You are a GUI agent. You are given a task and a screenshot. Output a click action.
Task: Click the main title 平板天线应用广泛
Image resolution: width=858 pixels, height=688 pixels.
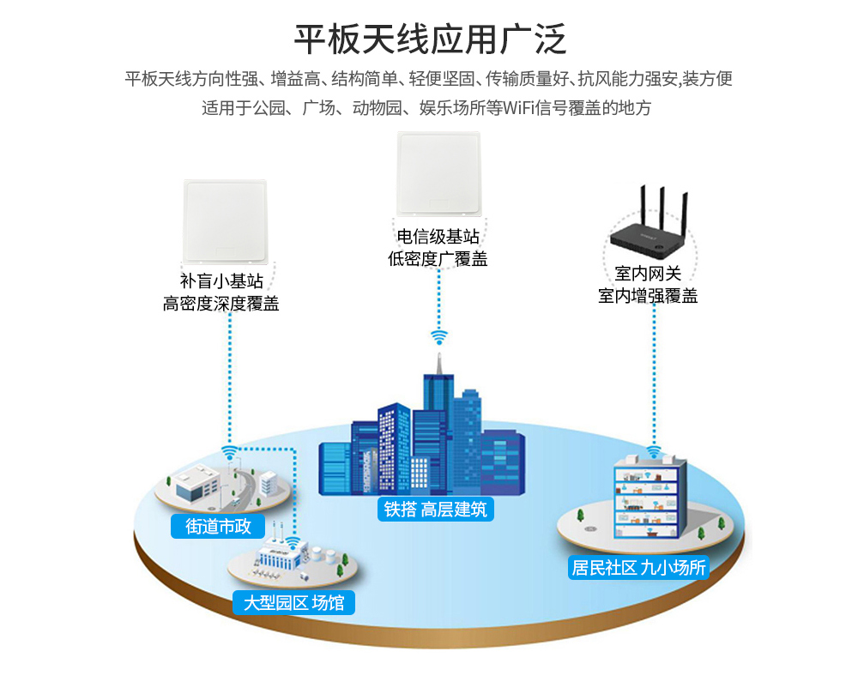tap(430, 39)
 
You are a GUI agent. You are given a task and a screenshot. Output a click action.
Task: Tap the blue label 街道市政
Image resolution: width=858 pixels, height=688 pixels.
tap(219, 526)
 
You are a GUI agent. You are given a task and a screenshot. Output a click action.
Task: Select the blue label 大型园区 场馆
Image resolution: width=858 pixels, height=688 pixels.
tap(293, 603)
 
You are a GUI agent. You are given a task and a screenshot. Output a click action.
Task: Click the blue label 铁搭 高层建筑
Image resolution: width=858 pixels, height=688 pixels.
tap(435, 509)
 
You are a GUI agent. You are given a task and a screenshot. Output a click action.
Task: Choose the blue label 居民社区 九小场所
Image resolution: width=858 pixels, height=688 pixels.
tap(639, 567)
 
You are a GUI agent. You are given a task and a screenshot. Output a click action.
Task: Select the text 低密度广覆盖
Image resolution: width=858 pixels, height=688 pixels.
tap(438, 258)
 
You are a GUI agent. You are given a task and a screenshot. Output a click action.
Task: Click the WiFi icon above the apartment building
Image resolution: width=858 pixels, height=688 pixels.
tap(654, 451)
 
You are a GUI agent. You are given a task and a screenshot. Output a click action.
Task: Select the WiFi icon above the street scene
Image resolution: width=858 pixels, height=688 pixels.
tap(229, 451)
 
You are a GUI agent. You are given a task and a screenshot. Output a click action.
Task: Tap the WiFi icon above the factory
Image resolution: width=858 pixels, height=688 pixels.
tap(293, 542)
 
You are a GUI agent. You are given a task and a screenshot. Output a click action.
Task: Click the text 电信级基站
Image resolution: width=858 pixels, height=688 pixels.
tap(438, 237)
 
